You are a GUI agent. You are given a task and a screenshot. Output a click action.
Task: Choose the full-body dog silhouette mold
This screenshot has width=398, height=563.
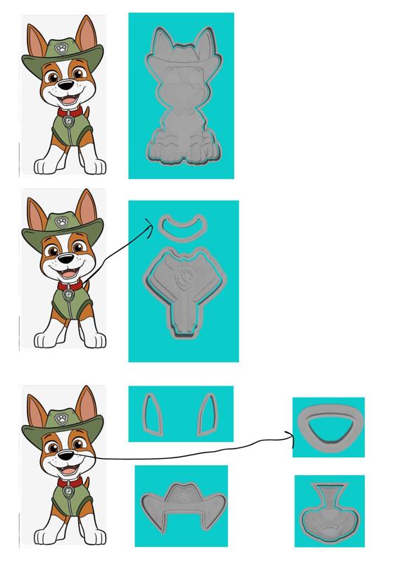click(181, 99)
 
